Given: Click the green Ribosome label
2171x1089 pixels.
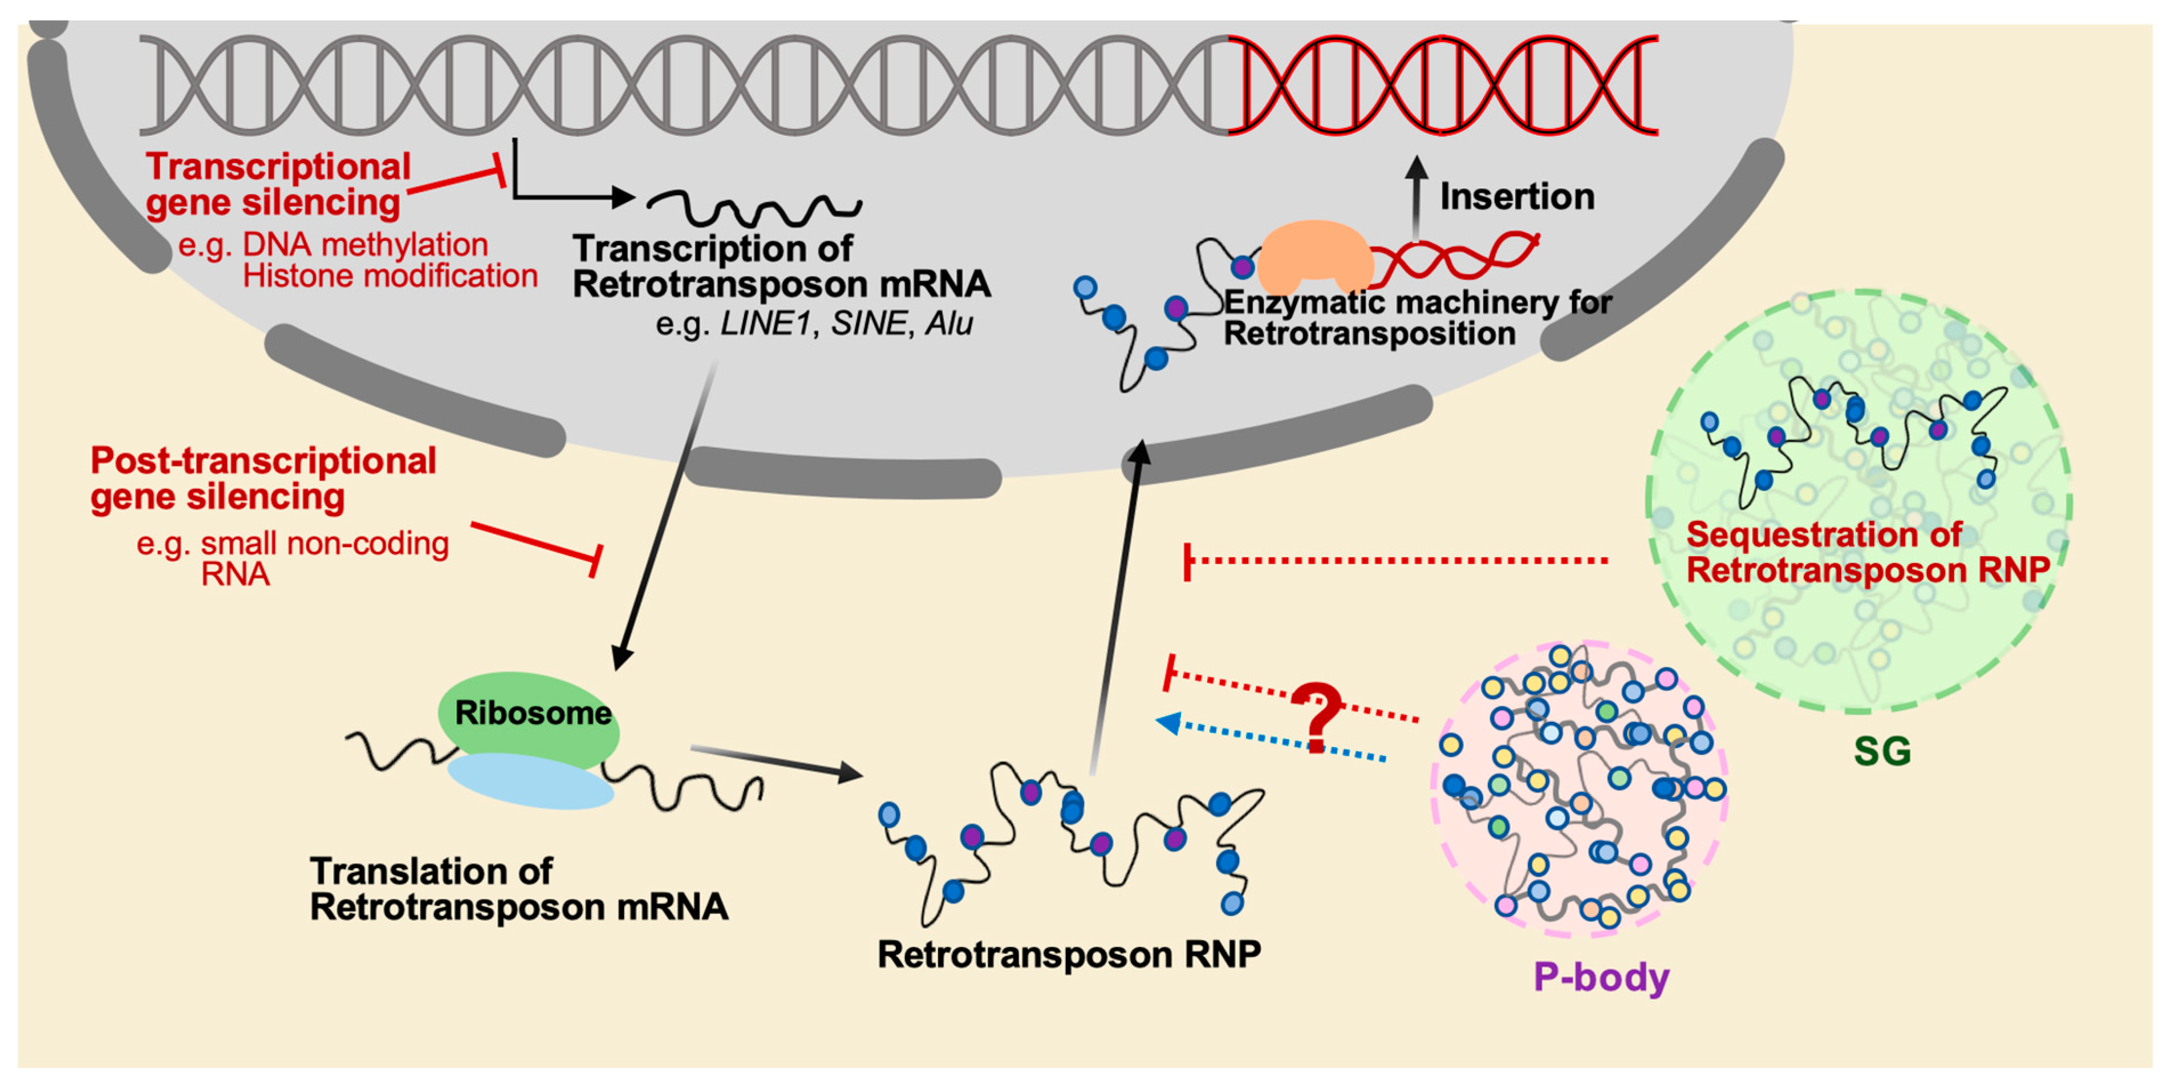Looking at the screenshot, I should (x=533, y=713).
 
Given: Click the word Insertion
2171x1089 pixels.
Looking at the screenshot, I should (x=1517, y=196).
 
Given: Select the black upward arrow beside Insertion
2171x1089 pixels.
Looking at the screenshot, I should (x=1417, y=198).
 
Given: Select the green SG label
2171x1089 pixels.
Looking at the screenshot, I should (x=1882, y=750).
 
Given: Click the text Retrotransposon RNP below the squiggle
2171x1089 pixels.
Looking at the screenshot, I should (x=1069, y=954).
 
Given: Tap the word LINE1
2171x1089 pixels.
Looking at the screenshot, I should (x=764, y=323).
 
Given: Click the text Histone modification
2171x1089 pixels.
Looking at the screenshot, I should (x=389, y=276).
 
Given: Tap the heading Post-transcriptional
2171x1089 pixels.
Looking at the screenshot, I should (x=263, y=460).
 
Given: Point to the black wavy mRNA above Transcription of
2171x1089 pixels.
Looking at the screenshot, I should (x=754, y=207).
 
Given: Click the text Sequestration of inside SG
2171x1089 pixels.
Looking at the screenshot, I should (x=1824, y=535).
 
